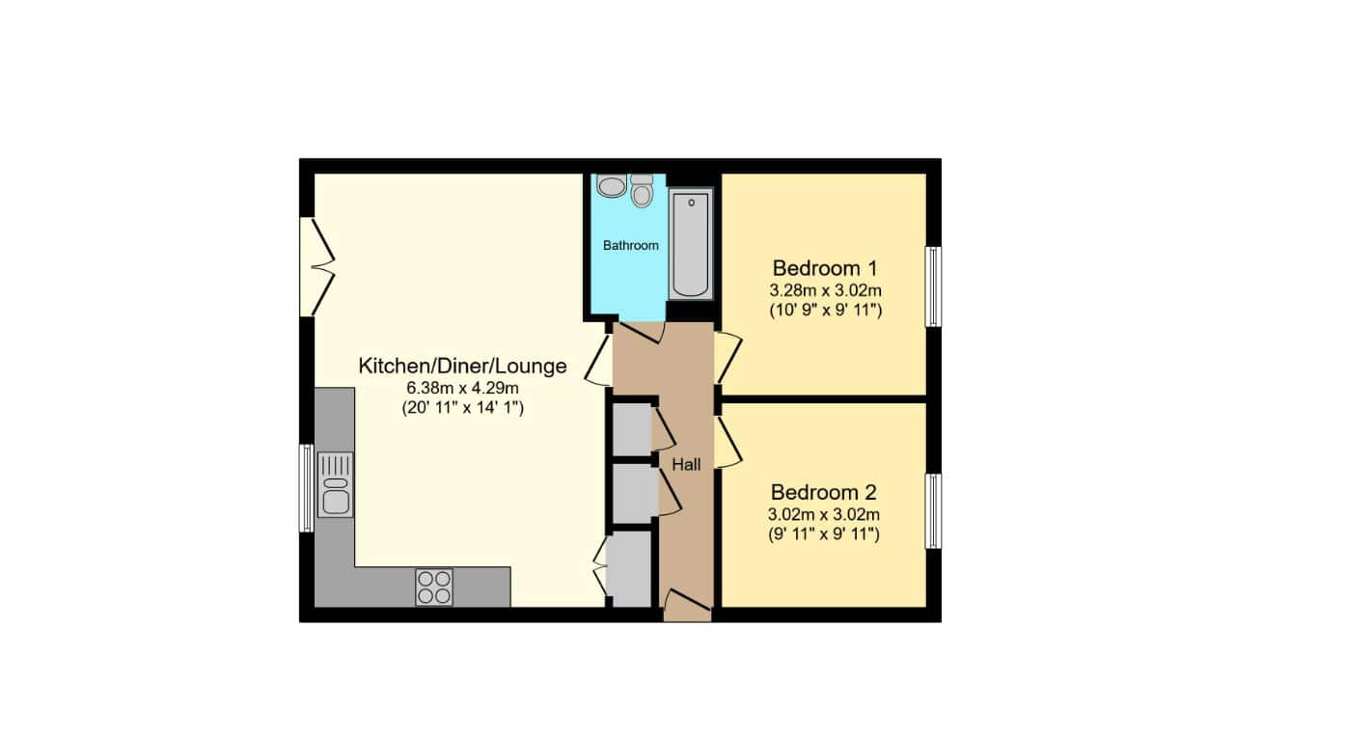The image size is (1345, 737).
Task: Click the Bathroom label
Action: [630, 245]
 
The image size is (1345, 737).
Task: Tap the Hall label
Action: [686, 465]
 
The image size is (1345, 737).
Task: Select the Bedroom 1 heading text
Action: [825, 268]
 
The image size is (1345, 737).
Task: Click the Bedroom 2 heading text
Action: [824, 493]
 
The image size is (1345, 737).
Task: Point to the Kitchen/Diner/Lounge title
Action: [462, 367]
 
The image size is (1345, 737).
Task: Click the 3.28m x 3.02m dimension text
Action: [826, 291]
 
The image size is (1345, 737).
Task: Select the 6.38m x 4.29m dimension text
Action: [462, 389]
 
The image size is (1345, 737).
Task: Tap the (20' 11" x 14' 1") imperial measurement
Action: [462, 408]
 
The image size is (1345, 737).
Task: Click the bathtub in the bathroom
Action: [691, 244]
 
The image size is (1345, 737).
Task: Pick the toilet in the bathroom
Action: [642, 191]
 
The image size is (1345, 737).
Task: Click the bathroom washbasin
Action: [612, 186]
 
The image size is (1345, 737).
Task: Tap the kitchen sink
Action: [335, 485]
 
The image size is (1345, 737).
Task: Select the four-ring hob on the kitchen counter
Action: [434, 587]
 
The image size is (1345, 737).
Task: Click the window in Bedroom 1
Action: [933, 287]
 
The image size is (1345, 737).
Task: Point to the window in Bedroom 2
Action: [933, 511]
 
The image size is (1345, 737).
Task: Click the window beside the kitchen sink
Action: [306, 488]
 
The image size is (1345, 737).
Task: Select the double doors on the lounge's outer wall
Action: [316, 266]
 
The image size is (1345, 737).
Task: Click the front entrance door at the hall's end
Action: [688, 606]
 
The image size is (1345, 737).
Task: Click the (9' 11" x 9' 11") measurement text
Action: [824, 534]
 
